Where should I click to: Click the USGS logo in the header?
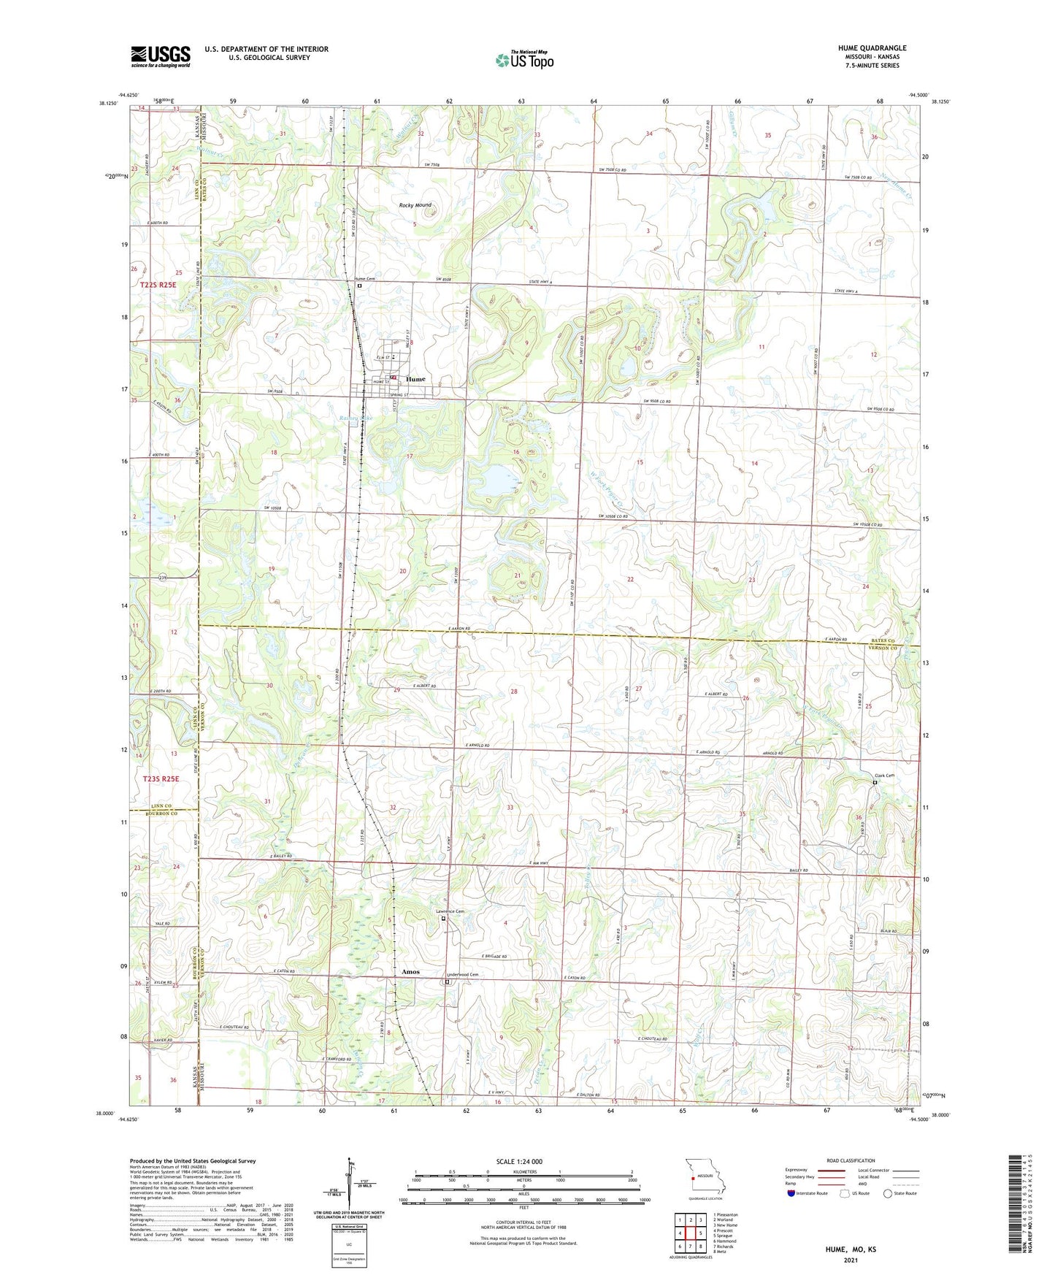tap(161, 56)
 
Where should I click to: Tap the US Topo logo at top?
tap(524, 59)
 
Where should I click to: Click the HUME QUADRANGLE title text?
tap(872, 48)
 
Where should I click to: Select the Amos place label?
tap(410, 972)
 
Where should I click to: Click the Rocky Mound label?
tap(415, 206)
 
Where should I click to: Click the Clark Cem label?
tap(884, 776)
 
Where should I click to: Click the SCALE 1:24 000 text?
tap(519, 1162)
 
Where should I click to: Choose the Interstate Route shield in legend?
tap(792, 1193)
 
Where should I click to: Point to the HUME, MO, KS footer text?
tap(851, 1249)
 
